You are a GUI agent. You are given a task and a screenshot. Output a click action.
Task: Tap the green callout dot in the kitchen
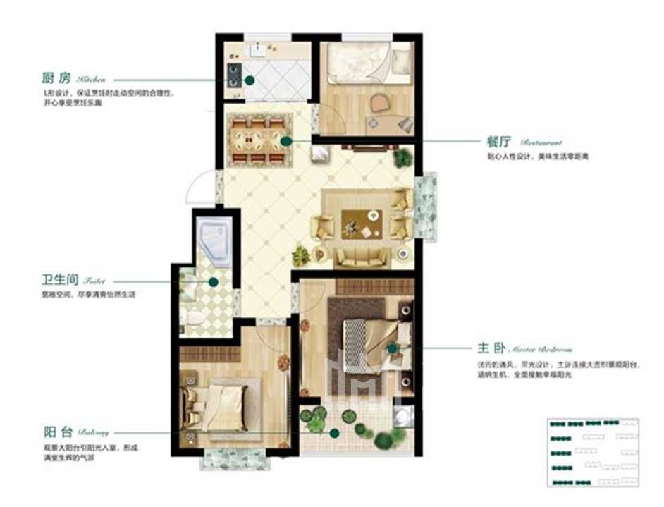(250, 81)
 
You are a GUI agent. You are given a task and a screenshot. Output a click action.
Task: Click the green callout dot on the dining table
(285, 141)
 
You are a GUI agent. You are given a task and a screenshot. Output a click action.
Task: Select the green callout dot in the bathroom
(213, 281)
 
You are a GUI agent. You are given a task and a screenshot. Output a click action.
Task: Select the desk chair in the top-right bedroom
(380, 104)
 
